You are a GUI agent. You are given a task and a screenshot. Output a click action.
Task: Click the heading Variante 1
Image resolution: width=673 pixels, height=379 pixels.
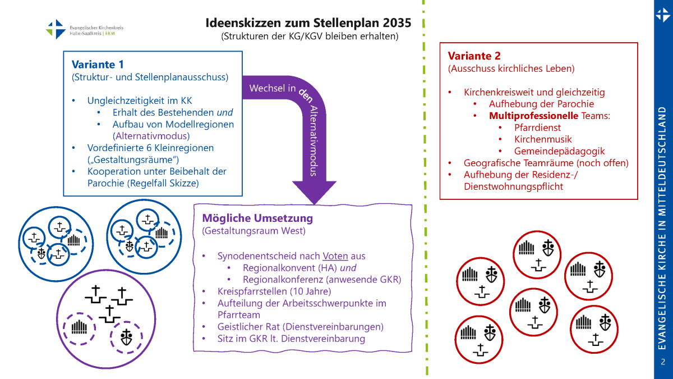(98, 64)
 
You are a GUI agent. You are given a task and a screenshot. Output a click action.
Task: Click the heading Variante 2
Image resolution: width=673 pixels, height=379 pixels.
(474, 56)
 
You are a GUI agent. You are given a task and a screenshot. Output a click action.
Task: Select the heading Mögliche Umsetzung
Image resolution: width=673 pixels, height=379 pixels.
(257, 218)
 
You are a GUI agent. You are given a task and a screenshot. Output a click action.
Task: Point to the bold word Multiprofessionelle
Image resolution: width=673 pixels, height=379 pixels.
(533, 116)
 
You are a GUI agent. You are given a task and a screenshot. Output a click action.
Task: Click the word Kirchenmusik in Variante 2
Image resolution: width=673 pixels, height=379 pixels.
(543, 139)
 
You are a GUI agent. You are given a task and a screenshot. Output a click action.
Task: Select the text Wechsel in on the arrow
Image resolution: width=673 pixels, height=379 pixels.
(273, 88)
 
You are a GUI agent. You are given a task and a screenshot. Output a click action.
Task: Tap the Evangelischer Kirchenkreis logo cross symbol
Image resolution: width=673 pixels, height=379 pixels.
(56, 29)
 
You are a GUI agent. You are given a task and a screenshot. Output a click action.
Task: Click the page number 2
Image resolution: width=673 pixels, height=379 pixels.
(663, 361)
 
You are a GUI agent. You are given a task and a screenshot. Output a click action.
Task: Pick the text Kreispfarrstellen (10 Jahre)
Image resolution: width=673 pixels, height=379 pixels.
(274, 291)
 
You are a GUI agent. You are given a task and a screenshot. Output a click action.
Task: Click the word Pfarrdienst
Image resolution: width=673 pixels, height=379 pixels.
(537, 127)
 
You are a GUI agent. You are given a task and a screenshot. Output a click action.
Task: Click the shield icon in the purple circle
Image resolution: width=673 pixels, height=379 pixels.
(127, 337)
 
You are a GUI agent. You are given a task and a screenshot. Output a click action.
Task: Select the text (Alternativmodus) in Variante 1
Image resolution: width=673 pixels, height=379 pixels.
(151, 136)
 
